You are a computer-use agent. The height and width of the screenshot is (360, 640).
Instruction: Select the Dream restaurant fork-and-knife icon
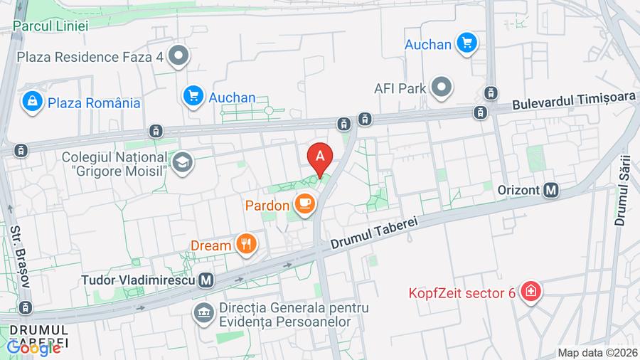point(247,245)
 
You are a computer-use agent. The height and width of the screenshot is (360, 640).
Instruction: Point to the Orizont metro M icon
point(550,190)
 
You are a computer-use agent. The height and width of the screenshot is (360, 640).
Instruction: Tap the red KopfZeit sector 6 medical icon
point(530,292)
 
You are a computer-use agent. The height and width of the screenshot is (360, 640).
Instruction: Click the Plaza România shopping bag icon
point(32,102)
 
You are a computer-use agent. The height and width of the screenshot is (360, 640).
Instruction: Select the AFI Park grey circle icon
point(442,88)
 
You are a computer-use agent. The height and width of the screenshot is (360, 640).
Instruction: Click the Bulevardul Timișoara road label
point(574,102)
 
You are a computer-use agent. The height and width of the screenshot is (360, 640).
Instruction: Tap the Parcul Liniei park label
point(50,26)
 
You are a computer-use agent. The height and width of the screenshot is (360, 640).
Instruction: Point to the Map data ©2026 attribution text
point(597,352)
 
